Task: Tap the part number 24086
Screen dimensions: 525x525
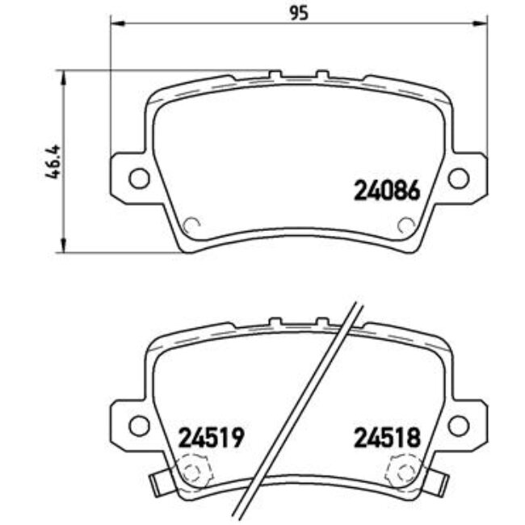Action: click(x=387, y=191)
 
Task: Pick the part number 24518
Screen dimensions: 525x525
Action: click(x=387, y=438)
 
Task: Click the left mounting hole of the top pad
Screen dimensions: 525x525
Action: click(x=140, y=178)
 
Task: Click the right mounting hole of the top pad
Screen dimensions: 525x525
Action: click(x=458, y=178)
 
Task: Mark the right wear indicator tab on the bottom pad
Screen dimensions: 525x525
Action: click(x=439, y=483)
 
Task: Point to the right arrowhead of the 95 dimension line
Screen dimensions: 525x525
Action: click(x=483, y=26)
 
